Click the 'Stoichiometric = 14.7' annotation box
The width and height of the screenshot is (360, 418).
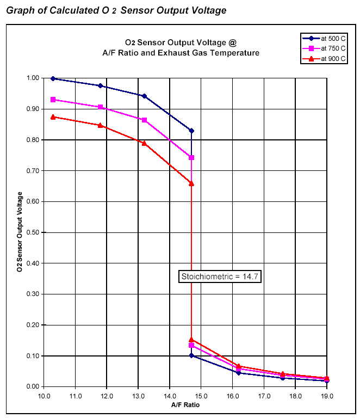pos(220,276)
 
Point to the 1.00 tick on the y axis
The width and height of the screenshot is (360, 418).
pos(32,78)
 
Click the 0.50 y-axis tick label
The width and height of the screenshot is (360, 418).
pos(32,232)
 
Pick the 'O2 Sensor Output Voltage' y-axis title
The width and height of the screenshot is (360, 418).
pos(20,232)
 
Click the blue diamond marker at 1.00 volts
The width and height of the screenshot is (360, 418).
pos(53,78)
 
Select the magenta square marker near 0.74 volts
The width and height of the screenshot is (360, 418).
pos(191,158)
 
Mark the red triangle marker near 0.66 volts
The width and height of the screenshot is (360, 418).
pos(191,183)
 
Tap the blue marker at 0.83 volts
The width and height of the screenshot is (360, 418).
pos(191,131)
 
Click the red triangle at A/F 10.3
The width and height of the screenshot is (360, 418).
pos(53,117)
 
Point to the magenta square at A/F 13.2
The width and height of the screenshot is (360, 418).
pos(145,120)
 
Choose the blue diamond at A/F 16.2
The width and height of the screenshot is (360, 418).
pos(239,373)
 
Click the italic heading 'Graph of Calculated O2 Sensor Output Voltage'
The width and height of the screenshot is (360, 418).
pos(116,11)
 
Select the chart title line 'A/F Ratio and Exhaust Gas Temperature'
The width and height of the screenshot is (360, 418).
pos(181,53)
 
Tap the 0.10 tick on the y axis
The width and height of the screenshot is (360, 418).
pos(32,356)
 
